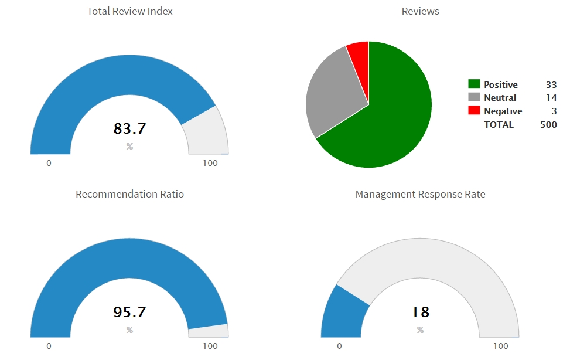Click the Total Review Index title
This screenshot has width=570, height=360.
(x=129, y=11)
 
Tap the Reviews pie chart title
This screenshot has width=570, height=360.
(x=420, y=11)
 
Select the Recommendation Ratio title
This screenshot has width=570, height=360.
(x=129, y=194)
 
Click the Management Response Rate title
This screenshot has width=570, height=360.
(x=420, y=194)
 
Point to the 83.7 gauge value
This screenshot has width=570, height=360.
(x=129, y=128)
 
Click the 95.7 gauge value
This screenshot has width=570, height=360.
(x=129, y=312)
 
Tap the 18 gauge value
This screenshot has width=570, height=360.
(x=420, y=312)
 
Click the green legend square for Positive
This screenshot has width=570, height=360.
(x=474, y=84)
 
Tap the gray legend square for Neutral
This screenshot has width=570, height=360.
(x=474, y=97)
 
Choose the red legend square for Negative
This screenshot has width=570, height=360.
(x=474, y=111)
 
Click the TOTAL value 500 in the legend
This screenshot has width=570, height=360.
(x=549, y=124)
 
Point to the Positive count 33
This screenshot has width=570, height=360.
(x=551, y=85)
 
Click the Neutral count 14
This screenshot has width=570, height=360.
(x=551, y=98)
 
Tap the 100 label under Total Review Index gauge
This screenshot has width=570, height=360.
(x=210, y=163)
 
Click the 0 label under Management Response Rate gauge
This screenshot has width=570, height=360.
(x=339, y=346)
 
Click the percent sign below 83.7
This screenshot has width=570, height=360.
(x=129, y=146)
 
